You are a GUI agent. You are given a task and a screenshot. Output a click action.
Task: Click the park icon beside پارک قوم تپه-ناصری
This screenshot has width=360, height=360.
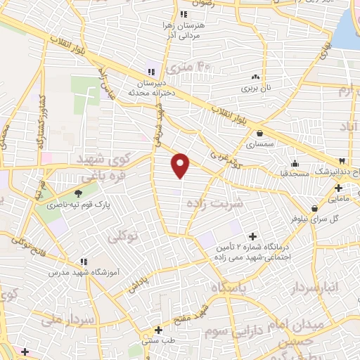pyautogui.click(x=77, y=193)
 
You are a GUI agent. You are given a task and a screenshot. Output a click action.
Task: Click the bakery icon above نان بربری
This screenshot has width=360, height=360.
pyautogui.click(x=255, y=77)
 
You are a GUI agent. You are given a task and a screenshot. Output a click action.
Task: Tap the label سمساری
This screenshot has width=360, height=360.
pyautogui.click(x=261, y=146)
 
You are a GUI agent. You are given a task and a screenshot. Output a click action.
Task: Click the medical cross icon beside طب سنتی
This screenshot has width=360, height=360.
pyautogui.click(x=159, y=329)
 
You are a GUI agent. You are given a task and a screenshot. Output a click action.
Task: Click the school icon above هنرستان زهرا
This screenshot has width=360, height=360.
pyautogui.click(x=184, y=13)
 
